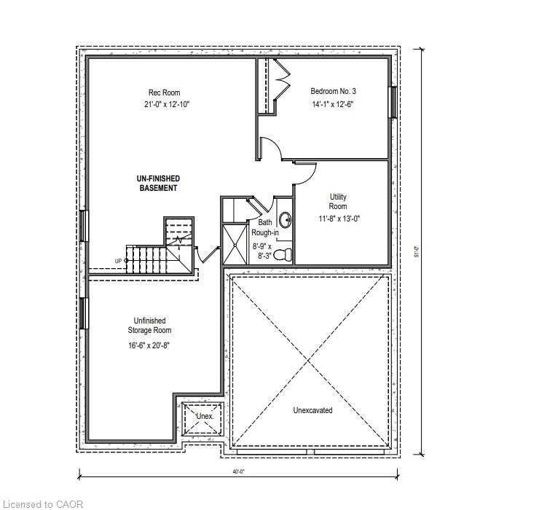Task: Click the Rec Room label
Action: tap(164, 93)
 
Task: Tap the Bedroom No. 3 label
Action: tap(333, 91)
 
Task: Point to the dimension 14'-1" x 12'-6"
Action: tap(333, 104)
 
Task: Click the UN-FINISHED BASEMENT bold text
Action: tap(158, 183)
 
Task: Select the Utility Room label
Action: tap(337, 202)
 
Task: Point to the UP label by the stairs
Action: tap(118, 261)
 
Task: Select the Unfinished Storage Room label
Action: tap(149, 326)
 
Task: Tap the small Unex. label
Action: tap(204, 416)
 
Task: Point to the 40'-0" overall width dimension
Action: tap(238, 472)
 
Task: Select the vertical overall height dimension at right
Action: tap(418, 255)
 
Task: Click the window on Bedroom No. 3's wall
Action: tap(393, 101)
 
